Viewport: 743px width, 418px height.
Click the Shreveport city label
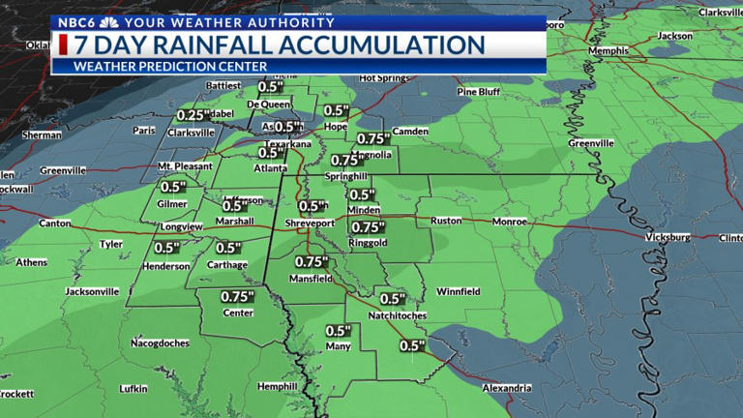(309, 224)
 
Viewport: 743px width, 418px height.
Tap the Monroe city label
(510, 222)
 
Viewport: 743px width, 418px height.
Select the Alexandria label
(506, 388)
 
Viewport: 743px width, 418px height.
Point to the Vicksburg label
(667, 236)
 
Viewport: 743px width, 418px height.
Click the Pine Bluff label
(481, 92)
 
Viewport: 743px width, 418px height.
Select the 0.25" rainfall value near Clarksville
(194, 115)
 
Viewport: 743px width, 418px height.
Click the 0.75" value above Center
(237, 296)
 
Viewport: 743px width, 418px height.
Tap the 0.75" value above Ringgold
(368, 227)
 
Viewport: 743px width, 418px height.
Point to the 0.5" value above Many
(339, 330)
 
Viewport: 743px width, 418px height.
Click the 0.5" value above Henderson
(167, 247)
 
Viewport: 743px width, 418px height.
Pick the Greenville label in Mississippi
(590, 143)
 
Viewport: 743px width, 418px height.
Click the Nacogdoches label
(161, 343)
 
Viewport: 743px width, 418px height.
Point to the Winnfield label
(459, 290)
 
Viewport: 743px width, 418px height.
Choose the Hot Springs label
(380, 78)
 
